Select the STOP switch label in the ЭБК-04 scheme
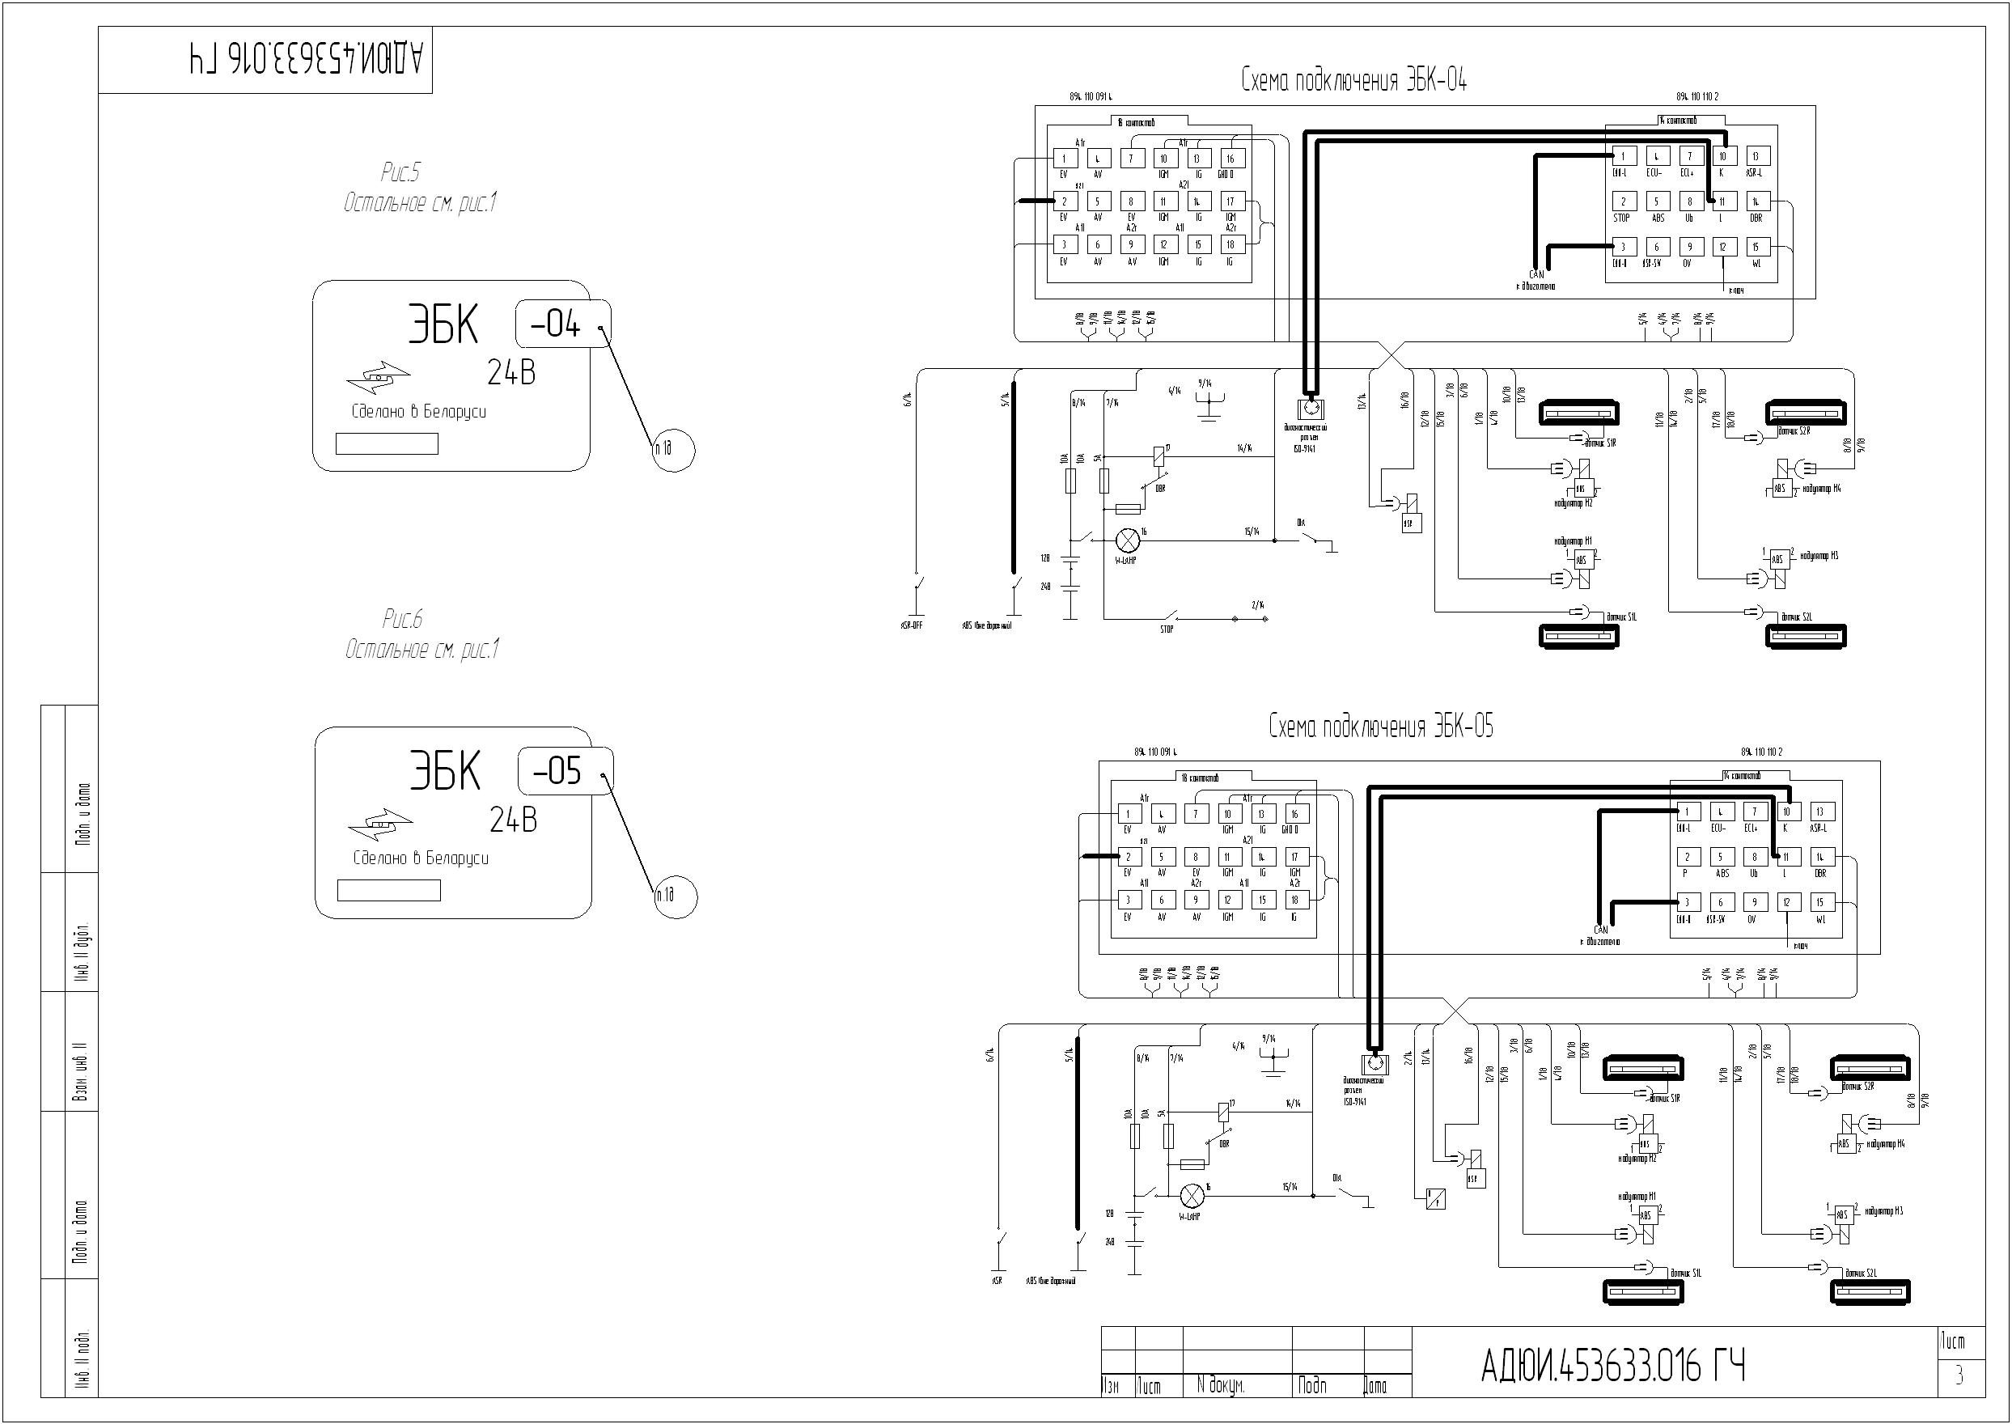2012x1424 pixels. coord(1166,629)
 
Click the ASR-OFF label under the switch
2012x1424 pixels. coord(912,626)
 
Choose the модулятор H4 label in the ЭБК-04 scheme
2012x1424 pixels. coord(1821,489)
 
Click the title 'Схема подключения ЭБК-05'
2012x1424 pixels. coord(1381,727)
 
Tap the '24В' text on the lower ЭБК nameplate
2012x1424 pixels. coord(514,820)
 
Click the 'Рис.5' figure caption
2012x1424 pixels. coord(400,172)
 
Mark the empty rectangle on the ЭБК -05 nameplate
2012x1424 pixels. coord(388,891)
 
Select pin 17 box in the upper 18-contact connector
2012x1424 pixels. coord(1230,201)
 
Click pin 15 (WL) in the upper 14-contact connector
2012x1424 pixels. coord(1755,248)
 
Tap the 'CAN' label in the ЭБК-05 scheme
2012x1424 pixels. coord(1601,930)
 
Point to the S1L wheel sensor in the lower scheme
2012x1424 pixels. coord(1642,1291)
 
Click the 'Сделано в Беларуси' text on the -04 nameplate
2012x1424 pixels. coord(418,412)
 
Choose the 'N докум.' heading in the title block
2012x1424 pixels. coord(1219,1386)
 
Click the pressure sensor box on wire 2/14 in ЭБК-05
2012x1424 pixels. coord(1435,1197)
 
